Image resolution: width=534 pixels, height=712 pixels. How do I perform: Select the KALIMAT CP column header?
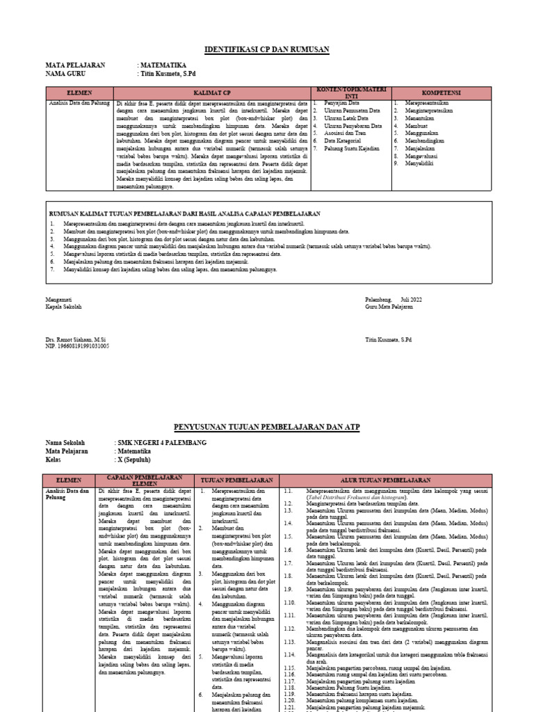(x=212, y=92)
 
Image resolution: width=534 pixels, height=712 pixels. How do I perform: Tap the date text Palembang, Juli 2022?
(x=394, y=298)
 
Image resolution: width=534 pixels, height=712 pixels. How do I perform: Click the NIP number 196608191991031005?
(x=77, y=346)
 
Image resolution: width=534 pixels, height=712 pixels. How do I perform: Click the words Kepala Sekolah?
(x=64, y=306)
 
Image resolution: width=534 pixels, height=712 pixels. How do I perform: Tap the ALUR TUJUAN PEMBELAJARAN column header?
(x=395, y=480)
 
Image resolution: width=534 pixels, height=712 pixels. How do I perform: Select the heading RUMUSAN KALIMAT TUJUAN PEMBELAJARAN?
(x=184, y=213)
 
